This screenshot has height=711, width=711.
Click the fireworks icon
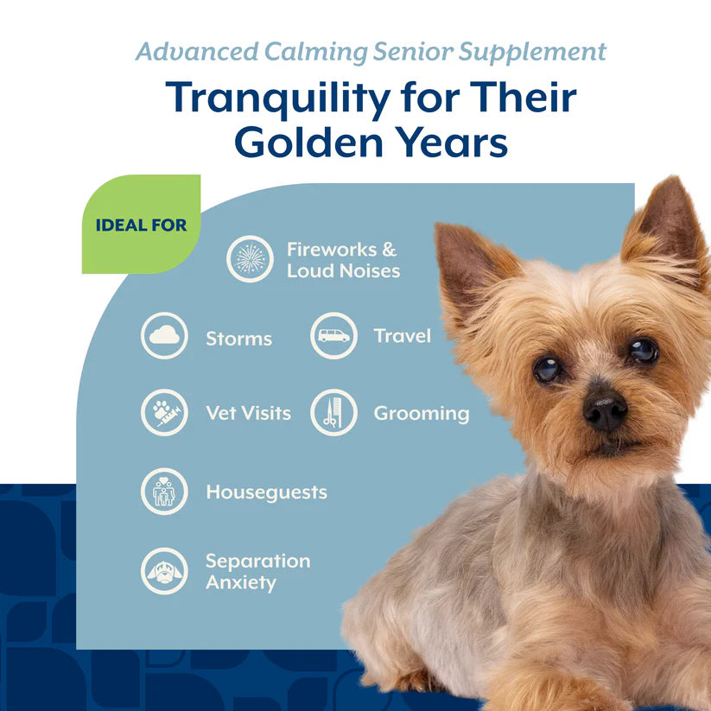tap(250, 259)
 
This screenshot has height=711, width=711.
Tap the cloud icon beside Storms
tap(164, 335)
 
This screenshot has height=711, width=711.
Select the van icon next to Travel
tap(333, 335)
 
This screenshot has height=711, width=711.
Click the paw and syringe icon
tap(164, 413)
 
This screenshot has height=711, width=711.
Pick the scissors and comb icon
tap(333, 413)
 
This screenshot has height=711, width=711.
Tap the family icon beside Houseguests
tap(164, 492)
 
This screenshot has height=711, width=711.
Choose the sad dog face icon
tap(164, 571)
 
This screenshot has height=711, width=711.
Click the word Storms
tap(239, 339)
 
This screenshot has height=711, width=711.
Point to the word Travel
tap(403, 336)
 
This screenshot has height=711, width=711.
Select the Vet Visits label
tap(249, 413)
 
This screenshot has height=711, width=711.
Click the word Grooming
tap(422, 414)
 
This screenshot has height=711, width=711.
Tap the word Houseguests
tap(267, 492)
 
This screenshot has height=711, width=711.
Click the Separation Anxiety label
tap(258, 572)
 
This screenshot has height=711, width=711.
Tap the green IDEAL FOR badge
tap(141, 224)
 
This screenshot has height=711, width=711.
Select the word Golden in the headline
tap(308, 143)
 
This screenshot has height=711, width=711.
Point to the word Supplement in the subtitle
tap(532, 53)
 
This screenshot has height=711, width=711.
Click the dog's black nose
tap(605, 409)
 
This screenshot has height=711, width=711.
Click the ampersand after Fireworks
tap(389, 250)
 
